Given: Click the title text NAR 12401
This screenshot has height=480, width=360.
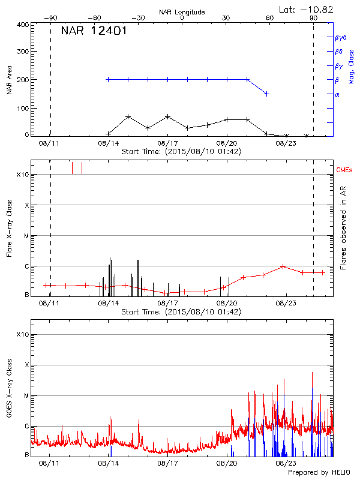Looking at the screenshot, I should click(x=94, y=31).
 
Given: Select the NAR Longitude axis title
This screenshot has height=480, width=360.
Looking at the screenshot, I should click(x=182, y=12).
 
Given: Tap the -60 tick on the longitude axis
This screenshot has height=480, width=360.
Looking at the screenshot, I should click(x=94, y=18).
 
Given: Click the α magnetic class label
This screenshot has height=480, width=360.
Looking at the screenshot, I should click(x=337, y=94).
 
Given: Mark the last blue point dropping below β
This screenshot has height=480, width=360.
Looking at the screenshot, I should click(x=266, y=94).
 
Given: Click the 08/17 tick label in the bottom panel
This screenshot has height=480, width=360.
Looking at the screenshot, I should click(x=167, y=463).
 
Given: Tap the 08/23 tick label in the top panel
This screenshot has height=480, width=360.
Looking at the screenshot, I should click(x=286, y=143).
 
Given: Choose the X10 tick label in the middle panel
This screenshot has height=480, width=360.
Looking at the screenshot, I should click(x=23, y=175).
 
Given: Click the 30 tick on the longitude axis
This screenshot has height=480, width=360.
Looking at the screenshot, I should click(x=226, y=18).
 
